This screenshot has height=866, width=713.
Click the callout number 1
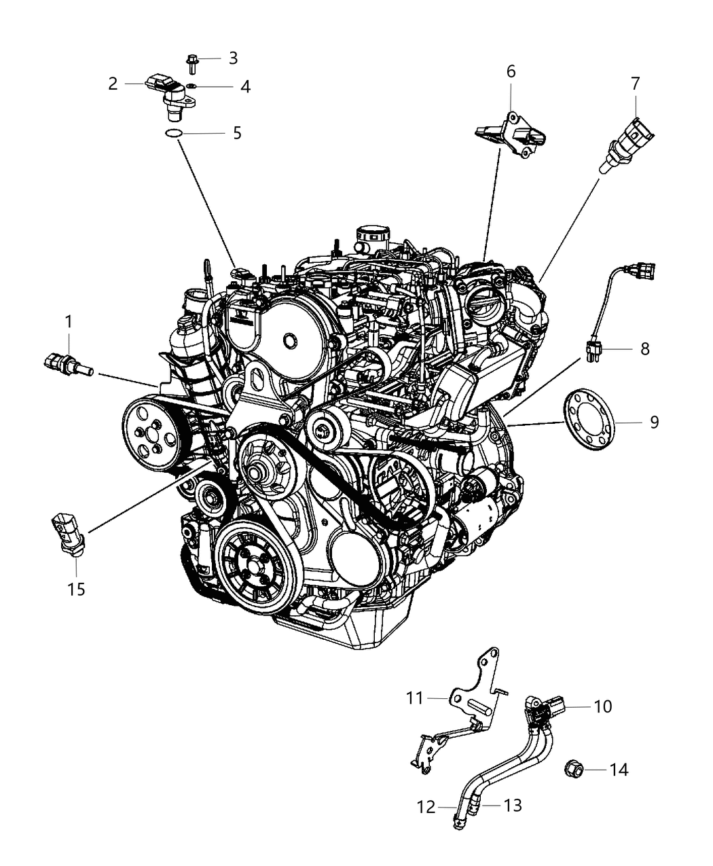tap(67, 321)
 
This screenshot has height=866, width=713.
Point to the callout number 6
tap(511, 71)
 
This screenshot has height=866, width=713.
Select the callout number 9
tap(653, 422)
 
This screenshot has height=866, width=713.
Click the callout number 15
tap(76, 589)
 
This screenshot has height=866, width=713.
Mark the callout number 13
tap(512, 805)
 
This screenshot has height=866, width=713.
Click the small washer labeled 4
tap(193, 86)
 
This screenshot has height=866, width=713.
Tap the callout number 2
tap(113, 84)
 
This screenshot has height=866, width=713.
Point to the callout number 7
tap(635, 84)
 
